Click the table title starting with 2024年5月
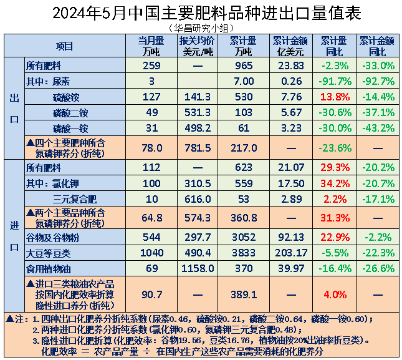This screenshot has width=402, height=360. click(x=201, y=13)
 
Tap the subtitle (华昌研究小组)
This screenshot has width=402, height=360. click(x=201, y=28)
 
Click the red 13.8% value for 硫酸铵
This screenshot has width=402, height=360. click(x=334, y=97)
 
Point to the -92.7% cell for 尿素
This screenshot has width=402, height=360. click(x=377, y=81)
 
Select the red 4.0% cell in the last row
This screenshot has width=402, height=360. click(x=334, y=294)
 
